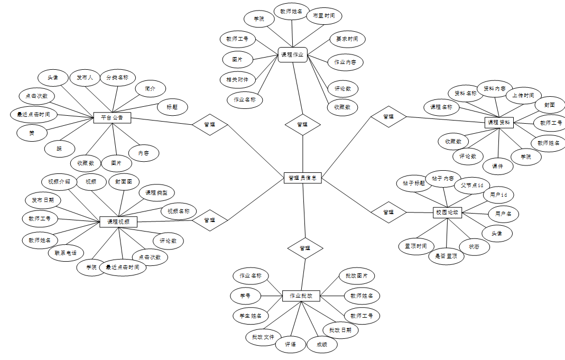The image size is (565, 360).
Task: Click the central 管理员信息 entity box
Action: [302, 178]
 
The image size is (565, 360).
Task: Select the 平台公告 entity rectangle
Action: [112, 117]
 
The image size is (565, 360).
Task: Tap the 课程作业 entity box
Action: [293, 54]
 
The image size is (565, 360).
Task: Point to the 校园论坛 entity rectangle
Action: [447, 212]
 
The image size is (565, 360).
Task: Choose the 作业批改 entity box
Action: [301, 296]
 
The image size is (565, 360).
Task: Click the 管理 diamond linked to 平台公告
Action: [210, 125]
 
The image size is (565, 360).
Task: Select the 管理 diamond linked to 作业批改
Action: [305, 248]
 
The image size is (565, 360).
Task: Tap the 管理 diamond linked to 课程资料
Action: [388, 116]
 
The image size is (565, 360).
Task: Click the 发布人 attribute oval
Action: [85, 78]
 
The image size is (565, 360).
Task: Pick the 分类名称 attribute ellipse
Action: [117, 78]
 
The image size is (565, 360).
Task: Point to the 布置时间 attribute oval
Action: [324, 16]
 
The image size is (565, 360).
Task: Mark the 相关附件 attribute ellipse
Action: [237, 80]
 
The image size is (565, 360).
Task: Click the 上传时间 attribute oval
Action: [523, 96]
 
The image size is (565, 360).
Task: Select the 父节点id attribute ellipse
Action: [472, 186]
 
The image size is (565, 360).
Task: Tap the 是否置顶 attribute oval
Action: [446, 256]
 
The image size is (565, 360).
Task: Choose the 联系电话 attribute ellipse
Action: [66, 253]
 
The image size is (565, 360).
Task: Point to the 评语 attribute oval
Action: [291, 345]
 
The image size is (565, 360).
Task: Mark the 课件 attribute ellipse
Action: [498, 166]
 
